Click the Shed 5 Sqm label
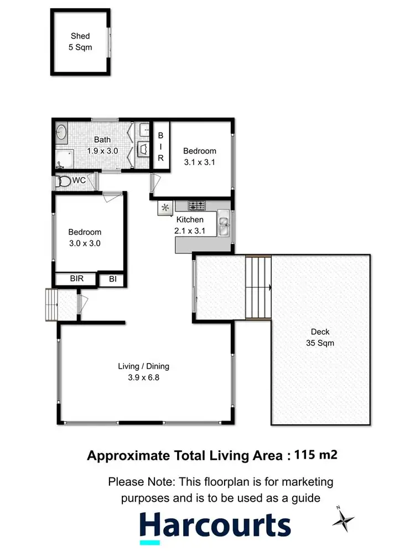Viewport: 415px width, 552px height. (80, 41)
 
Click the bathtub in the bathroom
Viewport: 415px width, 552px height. (61, 133)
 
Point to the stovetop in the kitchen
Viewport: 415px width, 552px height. (196, 206)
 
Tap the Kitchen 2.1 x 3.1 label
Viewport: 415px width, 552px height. (190, 225)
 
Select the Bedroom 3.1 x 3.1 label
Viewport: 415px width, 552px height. (200, 156)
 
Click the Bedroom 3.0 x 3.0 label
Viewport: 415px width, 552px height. (85, 237)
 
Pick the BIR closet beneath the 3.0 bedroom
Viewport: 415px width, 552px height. (76, 278)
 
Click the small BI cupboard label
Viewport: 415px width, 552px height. (113, 279)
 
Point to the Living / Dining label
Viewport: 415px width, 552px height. (143, 371)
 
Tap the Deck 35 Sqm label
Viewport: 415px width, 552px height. (320, 337)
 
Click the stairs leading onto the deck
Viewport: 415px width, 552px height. (258, 287)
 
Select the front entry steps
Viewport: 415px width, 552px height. (51, 304)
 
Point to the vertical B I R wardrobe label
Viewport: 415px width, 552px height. (161, 146)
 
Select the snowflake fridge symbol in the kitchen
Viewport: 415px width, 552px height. (164, 208)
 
